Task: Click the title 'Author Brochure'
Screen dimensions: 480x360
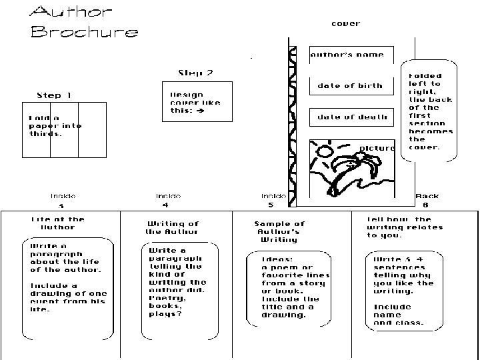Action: click(85, 22)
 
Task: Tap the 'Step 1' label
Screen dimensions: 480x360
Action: click(54, 95)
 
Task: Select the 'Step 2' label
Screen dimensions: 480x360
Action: click(195, 73)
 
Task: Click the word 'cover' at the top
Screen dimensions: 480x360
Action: click(345, 23)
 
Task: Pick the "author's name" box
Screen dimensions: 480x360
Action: click(351, 55)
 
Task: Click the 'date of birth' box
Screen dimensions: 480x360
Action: click(351, 86)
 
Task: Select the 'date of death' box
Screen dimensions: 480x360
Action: click(351, 117)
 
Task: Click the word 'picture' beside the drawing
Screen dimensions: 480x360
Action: click(377, 148)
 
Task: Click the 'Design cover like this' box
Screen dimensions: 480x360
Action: click(197, 103)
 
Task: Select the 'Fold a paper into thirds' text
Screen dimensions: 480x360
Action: click(55, 126)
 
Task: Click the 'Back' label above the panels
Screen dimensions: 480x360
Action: click(427, 196)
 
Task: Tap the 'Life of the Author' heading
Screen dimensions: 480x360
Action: click(58, 223)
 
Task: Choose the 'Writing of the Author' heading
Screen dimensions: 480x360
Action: click(173, 227)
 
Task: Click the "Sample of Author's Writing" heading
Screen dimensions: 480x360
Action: click(279, 231)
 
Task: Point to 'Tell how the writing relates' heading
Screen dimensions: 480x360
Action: click(399, 227)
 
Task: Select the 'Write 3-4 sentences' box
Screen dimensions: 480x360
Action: click(403, 291)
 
